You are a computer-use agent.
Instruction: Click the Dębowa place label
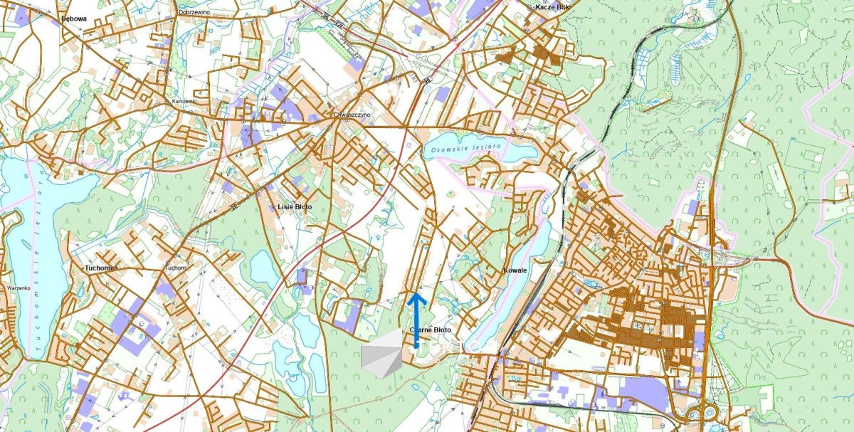coord(73,19)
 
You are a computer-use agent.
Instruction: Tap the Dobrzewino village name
coord(197,12)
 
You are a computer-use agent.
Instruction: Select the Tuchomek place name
coord(101,268)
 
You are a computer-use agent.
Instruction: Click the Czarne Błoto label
coord(431,331)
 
